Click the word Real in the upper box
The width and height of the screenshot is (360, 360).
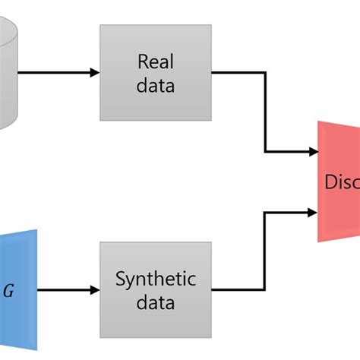[156, 61]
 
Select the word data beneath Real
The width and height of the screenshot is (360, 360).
[156, 84]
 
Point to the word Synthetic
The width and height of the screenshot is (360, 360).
[156, 279]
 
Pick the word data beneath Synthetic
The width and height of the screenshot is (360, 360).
[156, 302]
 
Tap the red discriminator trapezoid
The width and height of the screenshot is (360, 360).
[338, 182]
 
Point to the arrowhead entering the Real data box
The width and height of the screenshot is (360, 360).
[94, 73]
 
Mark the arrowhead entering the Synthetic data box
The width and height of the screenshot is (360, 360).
[94, 290]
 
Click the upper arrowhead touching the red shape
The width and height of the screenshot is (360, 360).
[311, 151]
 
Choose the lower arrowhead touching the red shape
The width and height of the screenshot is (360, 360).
[311, 212]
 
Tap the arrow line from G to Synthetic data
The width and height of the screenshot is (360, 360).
[65, 290]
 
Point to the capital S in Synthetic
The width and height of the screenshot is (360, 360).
[120, 279]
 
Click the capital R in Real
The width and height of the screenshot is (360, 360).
[143, 61]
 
